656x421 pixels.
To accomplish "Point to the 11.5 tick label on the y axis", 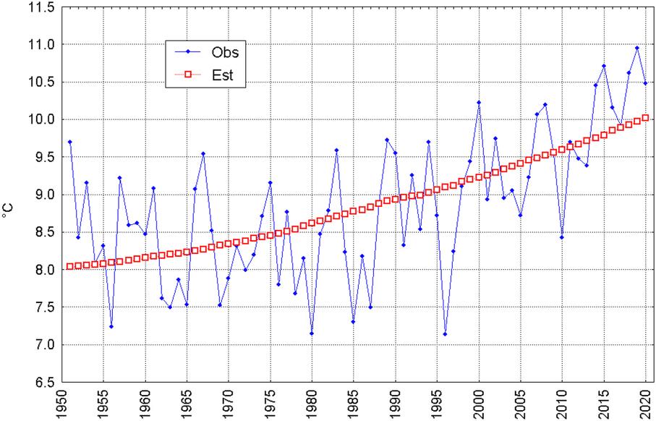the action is tap(42, 7).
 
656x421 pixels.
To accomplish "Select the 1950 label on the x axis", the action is tap(62, 404).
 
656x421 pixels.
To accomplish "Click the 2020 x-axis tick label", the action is tap(646, 404).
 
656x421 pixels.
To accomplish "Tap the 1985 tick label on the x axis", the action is tap(354, 404).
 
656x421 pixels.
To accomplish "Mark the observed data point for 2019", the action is tap(637, 48).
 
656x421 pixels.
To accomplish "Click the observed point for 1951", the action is tap(70, 142).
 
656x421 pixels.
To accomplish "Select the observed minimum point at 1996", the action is tap(445, 334).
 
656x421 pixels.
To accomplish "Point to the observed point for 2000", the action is tap(479, 102).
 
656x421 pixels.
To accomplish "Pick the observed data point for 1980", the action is tap(312, 333).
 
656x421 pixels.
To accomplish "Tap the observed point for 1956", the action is tap(111, 326).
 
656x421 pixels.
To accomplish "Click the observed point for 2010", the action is tap(562, 237).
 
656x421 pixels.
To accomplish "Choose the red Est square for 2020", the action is tap(646, 118).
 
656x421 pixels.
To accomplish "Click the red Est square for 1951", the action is tap(70, 267).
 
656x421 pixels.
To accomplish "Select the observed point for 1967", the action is tap(203, 153).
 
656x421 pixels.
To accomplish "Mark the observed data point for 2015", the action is tap(604, 66).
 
